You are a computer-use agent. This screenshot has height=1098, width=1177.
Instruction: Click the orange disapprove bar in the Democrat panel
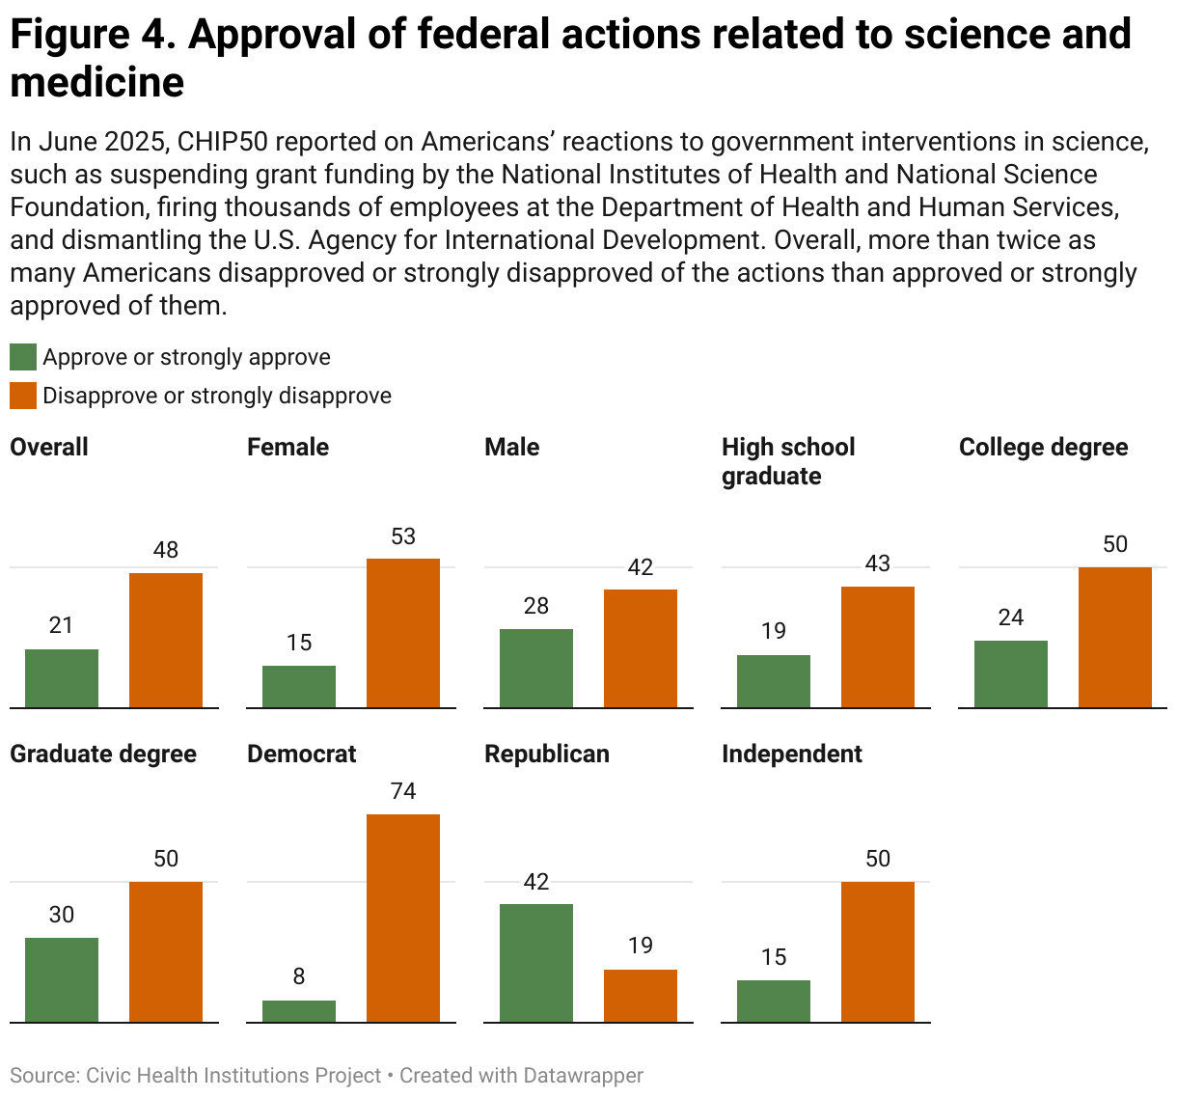tap(403, 918)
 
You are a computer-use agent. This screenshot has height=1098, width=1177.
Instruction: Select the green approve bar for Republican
tap(535, 963)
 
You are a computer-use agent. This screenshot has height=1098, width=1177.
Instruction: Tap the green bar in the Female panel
tap(299, 687)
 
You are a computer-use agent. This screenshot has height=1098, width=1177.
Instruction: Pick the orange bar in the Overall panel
tap(166, 641)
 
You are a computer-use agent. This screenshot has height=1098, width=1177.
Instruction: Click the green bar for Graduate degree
tap(62, 979)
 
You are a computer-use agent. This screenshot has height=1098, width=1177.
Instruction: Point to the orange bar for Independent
tap(878, 951)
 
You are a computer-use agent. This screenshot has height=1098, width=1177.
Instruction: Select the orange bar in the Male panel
tap(641, 648)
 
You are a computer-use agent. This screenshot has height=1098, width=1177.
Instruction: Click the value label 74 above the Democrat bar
tap(403, 792)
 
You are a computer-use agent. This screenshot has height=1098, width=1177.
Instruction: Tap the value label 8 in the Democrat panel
tap(299, 977)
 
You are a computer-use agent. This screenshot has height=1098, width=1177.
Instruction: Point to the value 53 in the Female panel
tap(403, 537)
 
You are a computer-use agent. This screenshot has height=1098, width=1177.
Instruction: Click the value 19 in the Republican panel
tap(641, 947)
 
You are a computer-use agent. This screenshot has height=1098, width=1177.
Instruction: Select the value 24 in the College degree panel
tap(1011, 618)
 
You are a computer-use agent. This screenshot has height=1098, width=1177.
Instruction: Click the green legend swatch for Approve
tap(23, 358)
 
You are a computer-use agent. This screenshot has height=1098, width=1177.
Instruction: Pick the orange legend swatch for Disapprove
tap(23, 397)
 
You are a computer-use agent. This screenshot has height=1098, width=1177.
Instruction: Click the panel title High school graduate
tap(788, 461)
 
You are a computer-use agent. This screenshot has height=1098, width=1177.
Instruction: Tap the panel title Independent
tap(792, 755)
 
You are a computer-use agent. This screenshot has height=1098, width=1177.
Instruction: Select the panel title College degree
tap(1043, 448)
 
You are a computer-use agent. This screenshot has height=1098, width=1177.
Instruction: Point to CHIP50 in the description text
tap(226, 143)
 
